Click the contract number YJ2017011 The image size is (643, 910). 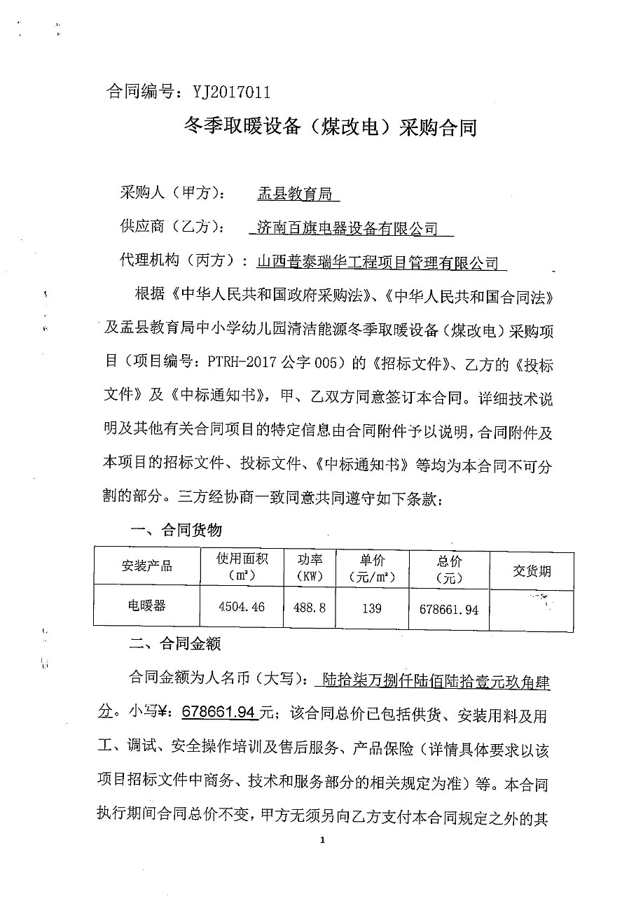[x=226, y=92]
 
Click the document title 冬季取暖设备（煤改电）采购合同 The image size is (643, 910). [x=329, y=127]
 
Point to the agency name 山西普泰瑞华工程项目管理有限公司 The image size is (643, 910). [x=378, y=262]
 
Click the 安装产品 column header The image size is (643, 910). [x=147, y=566]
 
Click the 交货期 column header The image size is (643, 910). [x=532, y=571]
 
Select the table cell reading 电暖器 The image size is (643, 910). [x=147, y=605]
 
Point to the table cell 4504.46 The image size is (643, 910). [x=242, y=607]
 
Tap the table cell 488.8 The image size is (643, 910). [x=310, y=608]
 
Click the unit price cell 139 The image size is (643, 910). [x=372, y=608]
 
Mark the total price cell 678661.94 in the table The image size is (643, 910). [x=448, y=610]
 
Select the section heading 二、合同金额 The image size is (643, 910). [x=171, y=643]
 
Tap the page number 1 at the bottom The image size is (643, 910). [x=321, y=841]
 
